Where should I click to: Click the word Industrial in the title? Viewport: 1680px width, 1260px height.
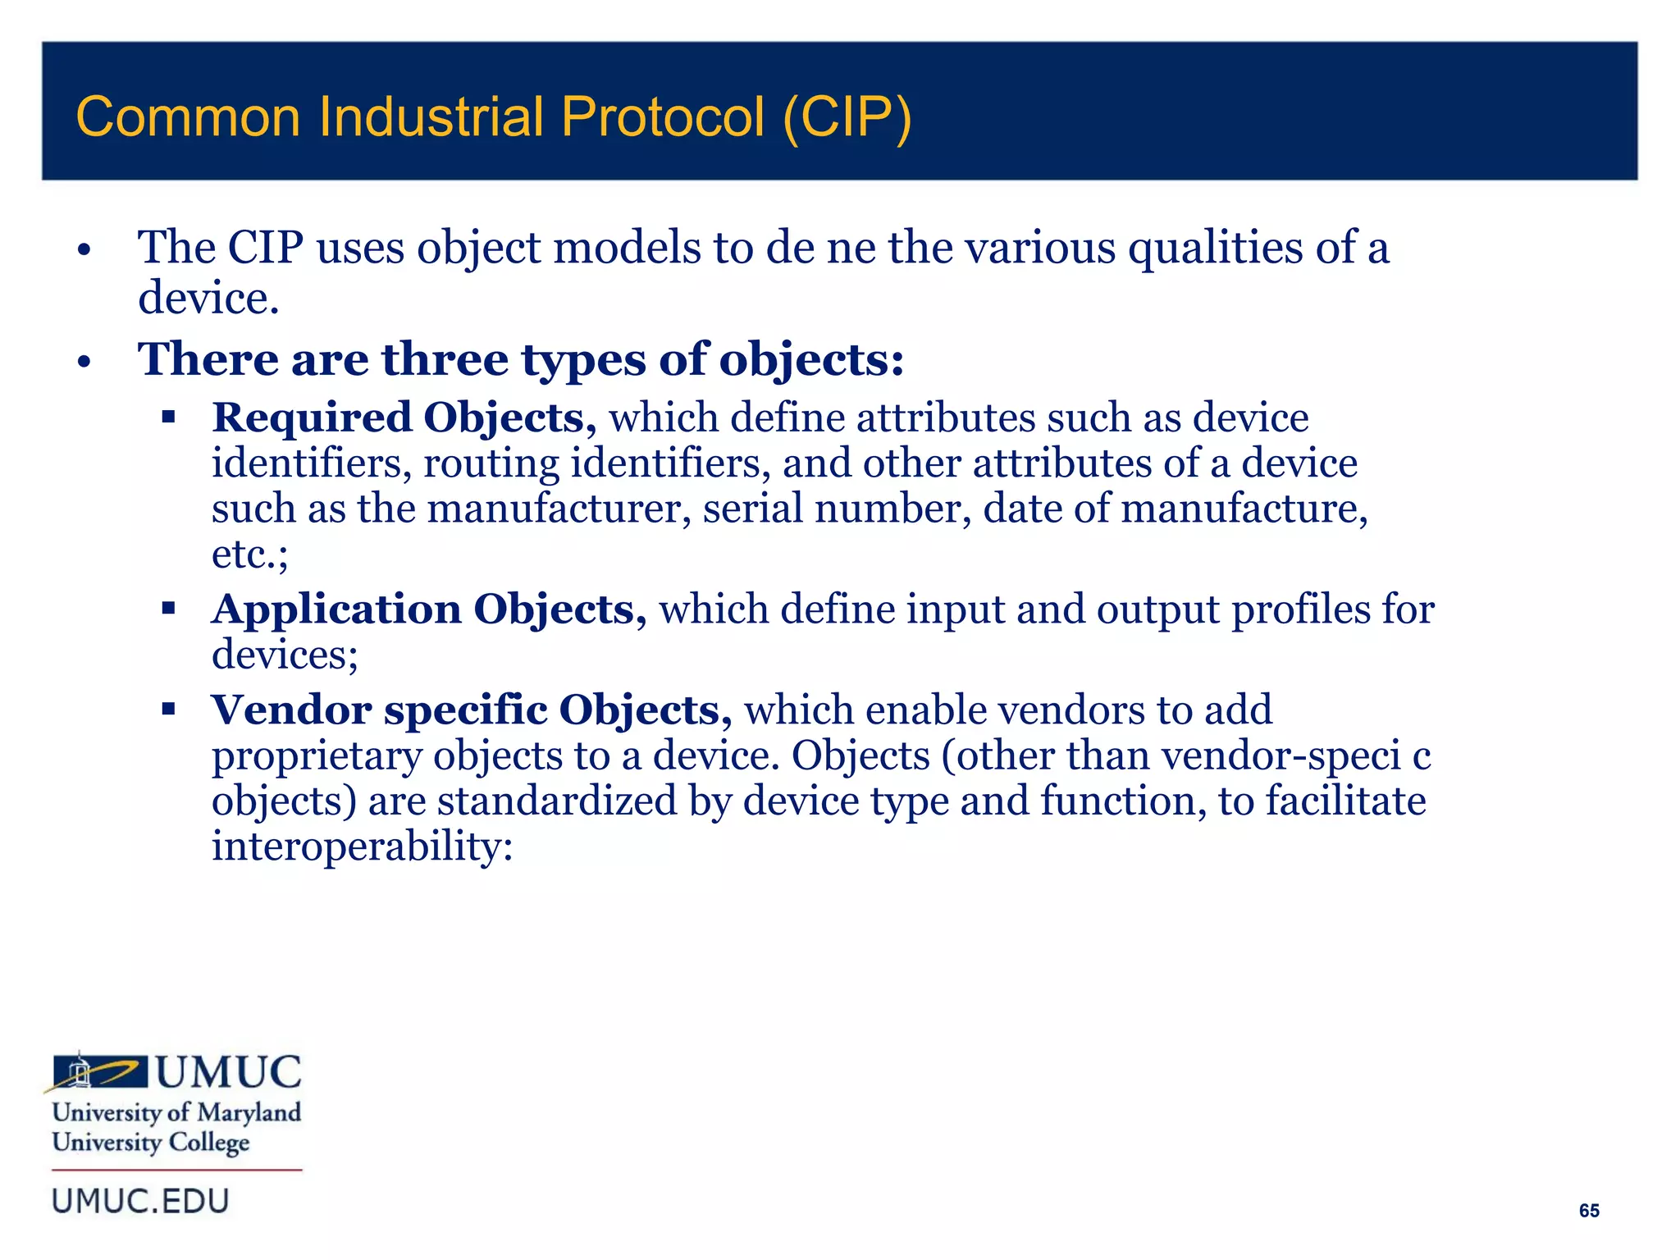431,116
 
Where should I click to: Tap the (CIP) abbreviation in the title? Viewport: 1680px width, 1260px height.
847,118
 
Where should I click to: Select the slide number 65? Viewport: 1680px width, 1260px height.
1589,1211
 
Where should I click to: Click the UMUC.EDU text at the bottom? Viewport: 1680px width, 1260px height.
140,1201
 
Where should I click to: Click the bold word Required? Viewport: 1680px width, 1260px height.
312,418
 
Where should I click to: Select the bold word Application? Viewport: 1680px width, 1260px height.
336,609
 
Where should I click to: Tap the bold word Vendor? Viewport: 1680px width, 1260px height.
291,710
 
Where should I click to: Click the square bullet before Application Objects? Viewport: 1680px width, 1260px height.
169,609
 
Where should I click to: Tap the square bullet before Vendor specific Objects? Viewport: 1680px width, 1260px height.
169,709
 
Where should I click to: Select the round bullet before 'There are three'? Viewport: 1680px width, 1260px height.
84,362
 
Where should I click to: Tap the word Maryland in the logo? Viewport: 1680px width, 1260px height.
249,1112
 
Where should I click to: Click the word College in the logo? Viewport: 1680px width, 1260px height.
208,1143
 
